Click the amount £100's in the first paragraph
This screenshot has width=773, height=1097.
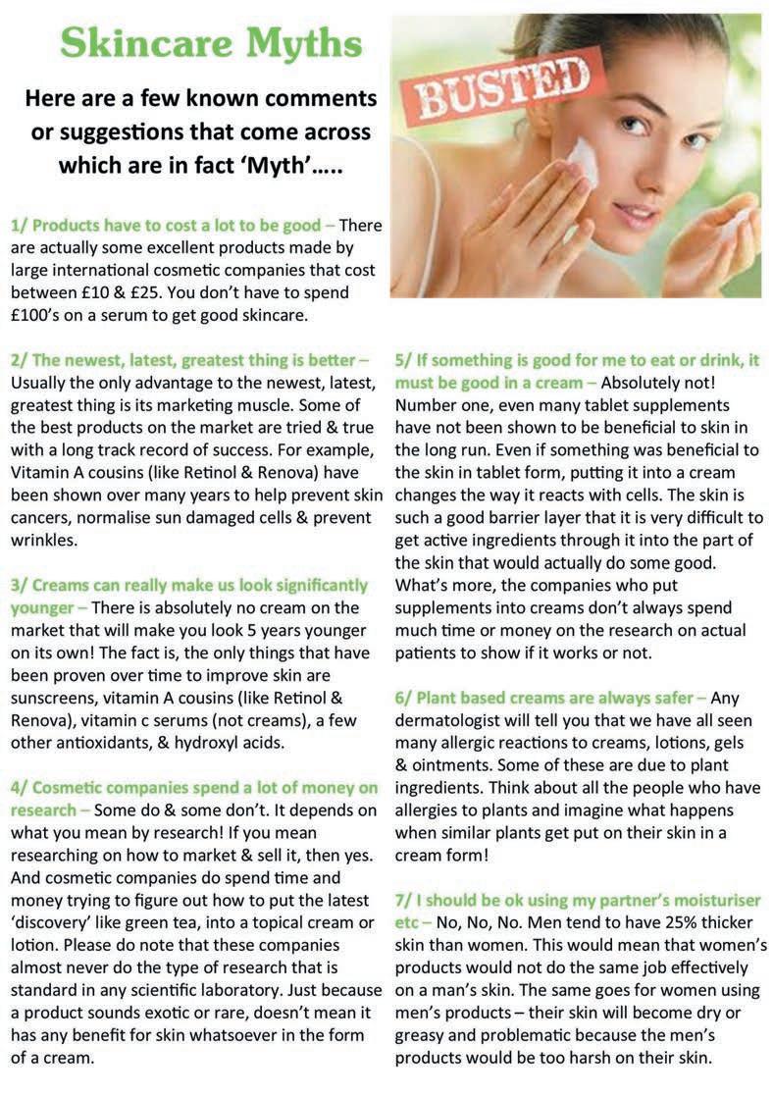(43, 314)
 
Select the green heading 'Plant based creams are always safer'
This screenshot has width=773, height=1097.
(552, 698)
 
